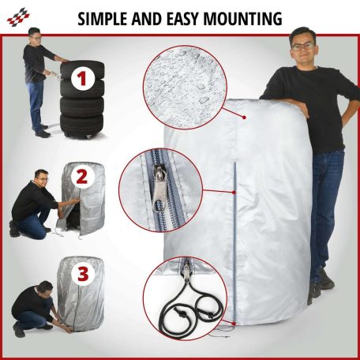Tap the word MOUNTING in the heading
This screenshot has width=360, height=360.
242,19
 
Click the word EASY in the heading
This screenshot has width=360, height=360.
182,19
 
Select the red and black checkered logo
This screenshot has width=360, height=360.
18,17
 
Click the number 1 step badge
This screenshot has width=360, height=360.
82,78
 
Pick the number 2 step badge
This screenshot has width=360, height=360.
82,177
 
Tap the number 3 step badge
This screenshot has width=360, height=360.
83,275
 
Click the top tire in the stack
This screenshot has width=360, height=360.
82,69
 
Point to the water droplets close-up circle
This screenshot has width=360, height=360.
185,87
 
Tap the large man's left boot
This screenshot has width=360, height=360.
327,278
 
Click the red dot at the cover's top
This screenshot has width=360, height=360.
244,117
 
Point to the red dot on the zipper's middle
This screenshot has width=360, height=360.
234,193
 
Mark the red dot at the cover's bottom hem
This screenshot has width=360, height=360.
234,323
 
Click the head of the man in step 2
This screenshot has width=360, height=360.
42,178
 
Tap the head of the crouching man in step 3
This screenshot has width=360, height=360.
44,289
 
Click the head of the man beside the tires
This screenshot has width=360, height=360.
36,36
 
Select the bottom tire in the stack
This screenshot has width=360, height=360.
81,124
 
